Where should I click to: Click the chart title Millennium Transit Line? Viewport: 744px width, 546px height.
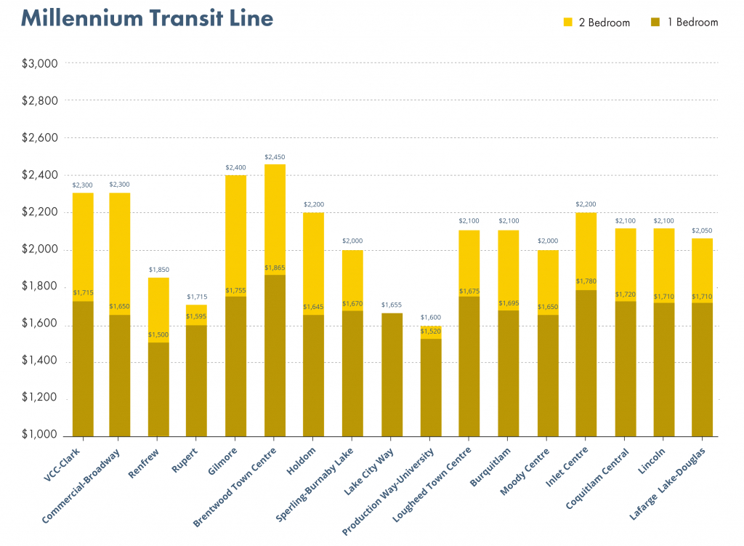point(147,18)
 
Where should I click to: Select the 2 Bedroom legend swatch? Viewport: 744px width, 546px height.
point(568,23)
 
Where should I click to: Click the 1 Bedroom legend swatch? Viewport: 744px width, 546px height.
point(655,23)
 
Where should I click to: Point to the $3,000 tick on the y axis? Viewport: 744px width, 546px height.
point(39,63)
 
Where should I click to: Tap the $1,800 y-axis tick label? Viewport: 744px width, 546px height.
point(39,286)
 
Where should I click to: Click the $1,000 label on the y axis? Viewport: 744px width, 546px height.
point(39,435)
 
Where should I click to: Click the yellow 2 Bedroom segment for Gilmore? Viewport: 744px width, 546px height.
point(236,233)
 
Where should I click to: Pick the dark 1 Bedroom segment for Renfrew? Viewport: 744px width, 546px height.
point(158,389)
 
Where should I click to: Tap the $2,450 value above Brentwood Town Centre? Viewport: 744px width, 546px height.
point(275,157)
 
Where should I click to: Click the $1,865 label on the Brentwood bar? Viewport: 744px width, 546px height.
point(275,268)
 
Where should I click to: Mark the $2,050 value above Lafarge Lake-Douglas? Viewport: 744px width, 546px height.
point(702,230)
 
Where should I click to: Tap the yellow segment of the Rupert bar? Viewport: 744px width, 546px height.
point(196,314)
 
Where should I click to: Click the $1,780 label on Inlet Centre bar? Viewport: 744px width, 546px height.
point(586,281)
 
